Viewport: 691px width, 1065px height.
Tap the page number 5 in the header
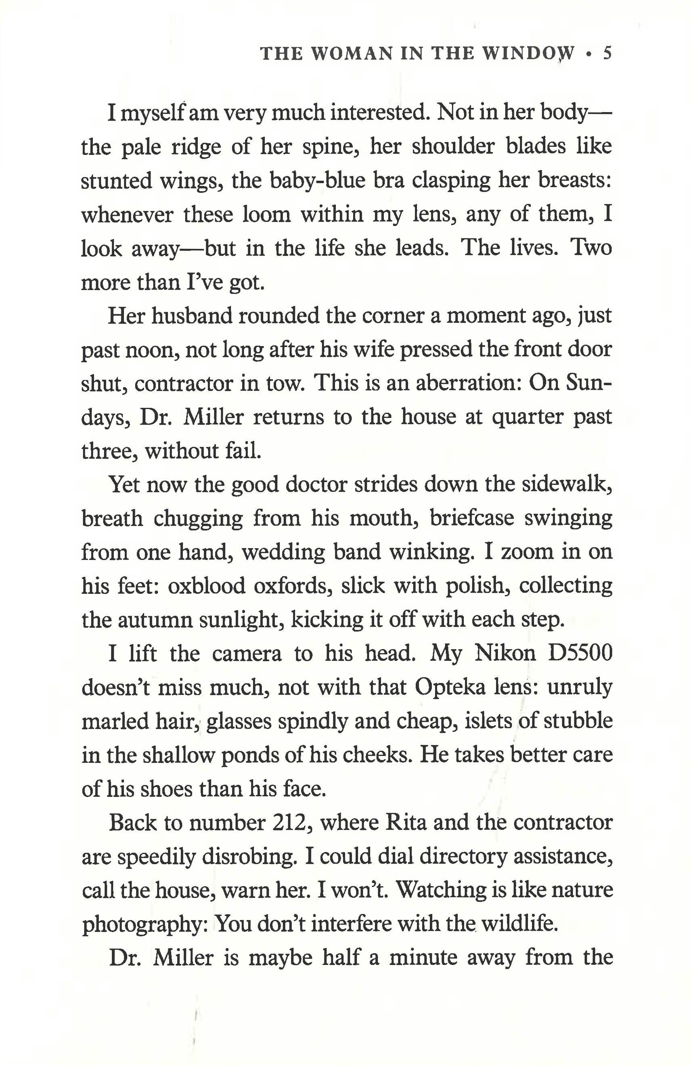[x=607, y=54]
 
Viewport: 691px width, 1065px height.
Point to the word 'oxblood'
[x=206, y=586]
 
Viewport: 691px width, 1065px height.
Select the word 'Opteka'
[x=450, y=688]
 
